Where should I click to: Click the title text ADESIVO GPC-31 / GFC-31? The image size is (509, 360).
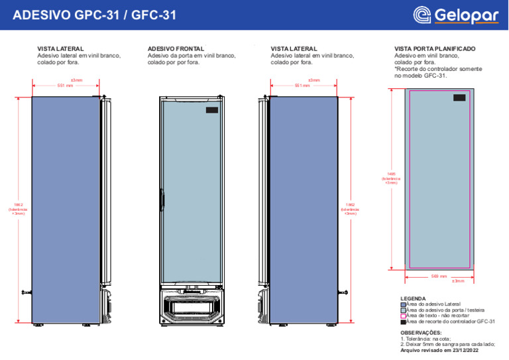pos(95,15)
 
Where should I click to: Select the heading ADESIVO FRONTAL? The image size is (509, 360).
pos(176,49)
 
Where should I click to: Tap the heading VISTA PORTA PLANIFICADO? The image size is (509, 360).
pos(434,49)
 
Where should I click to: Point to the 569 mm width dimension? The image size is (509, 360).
pos(439,276)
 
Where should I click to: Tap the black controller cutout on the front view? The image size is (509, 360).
pos(211,109)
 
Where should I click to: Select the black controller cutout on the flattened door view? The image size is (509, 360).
pos(459,97)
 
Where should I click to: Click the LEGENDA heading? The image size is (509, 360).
pos(414,298)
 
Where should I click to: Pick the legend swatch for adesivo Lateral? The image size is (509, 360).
pos(404,304)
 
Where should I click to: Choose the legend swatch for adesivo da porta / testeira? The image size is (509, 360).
pos(404,310)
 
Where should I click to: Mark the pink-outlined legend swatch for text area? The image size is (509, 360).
pos(404,316)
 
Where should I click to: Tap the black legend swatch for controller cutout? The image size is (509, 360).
pos(404,322)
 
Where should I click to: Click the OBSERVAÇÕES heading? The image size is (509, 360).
pos(421,332)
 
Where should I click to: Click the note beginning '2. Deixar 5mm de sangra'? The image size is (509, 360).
pos(448,344)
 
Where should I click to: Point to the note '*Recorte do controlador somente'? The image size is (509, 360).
pos(438,69)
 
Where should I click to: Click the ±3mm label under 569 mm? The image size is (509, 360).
pos(457,282)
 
